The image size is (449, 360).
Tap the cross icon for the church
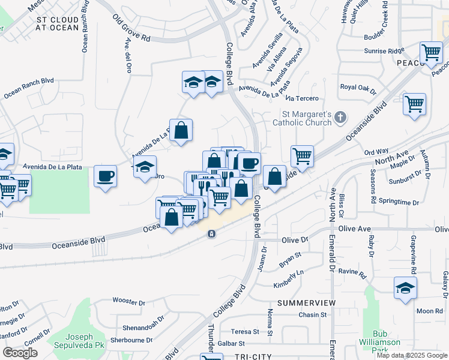tap(340, 118)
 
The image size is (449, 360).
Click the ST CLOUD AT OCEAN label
tap(58, 24)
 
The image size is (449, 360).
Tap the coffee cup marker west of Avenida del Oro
tap(106, 176)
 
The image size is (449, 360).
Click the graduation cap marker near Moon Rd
tap(405, 289)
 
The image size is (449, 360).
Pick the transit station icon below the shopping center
tap(211, 233)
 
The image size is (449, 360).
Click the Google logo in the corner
tap(20, 353)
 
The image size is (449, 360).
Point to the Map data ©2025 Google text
tap(412, 355)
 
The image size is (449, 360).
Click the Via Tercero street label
tap(301, 98)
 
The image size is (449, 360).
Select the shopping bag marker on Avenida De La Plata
tap(181, 130)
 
